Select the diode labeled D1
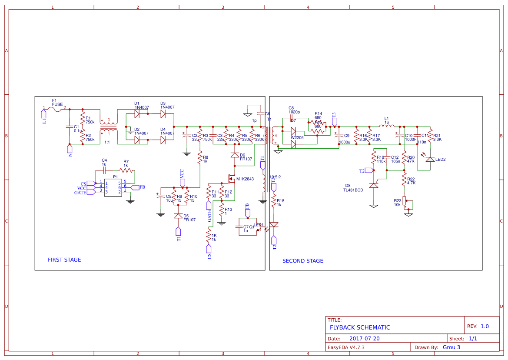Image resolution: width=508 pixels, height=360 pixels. click(x=137, y=114)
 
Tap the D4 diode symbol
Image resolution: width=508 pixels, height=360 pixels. click(x=163, y=140)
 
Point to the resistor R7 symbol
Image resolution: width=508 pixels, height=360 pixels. click(x=126, y=170)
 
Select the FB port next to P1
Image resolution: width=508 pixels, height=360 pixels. click(x=135, y=187)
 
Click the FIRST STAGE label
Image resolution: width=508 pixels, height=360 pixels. click(x=64, y=260)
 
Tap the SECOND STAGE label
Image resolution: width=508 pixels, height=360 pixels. click(x=302, y=261)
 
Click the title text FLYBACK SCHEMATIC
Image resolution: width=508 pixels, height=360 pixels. click(x=360, y=327)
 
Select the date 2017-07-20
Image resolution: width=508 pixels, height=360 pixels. click(x=364, y=339)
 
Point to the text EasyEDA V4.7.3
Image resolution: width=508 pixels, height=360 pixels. click(x=346, y=347)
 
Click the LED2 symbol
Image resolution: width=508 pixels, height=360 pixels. click(x=430, y=160)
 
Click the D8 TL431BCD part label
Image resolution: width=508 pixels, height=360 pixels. click(x=353, y=187)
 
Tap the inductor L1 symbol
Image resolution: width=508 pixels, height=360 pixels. click(x=386, y=127)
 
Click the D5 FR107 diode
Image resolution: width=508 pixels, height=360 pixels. click(x=178, y=216)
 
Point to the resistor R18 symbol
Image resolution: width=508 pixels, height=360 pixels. click(x=274, y=203)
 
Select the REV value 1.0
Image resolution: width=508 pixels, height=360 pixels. click(x=484, y=327)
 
